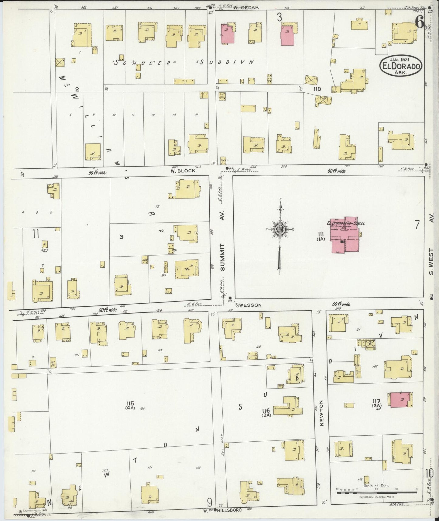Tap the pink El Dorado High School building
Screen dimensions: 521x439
345,236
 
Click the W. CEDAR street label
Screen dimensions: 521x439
250,8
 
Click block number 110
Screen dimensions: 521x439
317,89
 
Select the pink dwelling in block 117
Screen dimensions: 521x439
400,400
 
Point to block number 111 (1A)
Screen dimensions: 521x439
320,236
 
